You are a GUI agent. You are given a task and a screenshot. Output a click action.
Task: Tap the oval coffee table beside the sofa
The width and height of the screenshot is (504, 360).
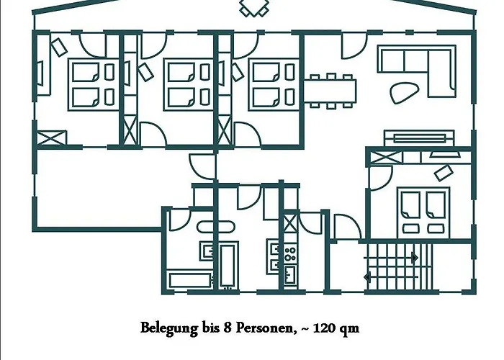[405, 92]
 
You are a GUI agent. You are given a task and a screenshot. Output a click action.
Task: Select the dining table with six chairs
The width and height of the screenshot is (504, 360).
[330, 91]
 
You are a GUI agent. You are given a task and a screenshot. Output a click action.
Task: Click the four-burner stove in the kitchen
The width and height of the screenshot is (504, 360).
[290, 254]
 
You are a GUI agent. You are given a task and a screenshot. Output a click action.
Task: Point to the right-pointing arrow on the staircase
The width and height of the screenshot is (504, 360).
[415, 258]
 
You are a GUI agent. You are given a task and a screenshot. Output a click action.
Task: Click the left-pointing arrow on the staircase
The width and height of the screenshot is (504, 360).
[367, 276]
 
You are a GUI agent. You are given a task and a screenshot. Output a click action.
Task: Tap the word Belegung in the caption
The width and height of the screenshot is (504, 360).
[169, 328]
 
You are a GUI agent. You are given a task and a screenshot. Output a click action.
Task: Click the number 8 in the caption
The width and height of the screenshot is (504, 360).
[228, 328]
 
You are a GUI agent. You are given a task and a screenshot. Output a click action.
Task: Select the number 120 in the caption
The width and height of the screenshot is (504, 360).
[324, 328]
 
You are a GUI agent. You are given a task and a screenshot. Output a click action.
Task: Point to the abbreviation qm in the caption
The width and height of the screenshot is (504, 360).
[350, 330]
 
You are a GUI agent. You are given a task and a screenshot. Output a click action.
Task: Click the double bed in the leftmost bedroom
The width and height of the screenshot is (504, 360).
[93, 84]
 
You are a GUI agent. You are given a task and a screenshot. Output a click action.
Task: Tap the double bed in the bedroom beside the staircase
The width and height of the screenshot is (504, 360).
[423, 213]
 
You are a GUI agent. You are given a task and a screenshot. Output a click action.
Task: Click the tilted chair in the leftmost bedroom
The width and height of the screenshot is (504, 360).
[59, 48]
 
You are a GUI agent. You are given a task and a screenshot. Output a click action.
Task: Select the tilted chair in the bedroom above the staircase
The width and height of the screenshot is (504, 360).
[444, 173]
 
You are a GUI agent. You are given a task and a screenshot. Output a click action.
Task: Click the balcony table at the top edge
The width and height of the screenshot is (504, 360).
[254, 7]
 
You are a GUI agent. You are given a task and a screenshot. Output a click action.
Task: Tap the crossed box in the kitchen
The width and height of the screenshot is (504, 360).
[291, 222]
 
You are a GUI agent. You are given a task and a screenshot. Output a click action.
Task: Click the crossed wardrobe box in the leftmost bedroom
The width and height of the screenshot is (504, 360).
[51, 138]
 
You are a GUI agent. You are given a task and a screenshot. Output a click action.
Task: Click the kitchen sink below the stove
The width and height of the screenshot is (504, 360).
[291, 274]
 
